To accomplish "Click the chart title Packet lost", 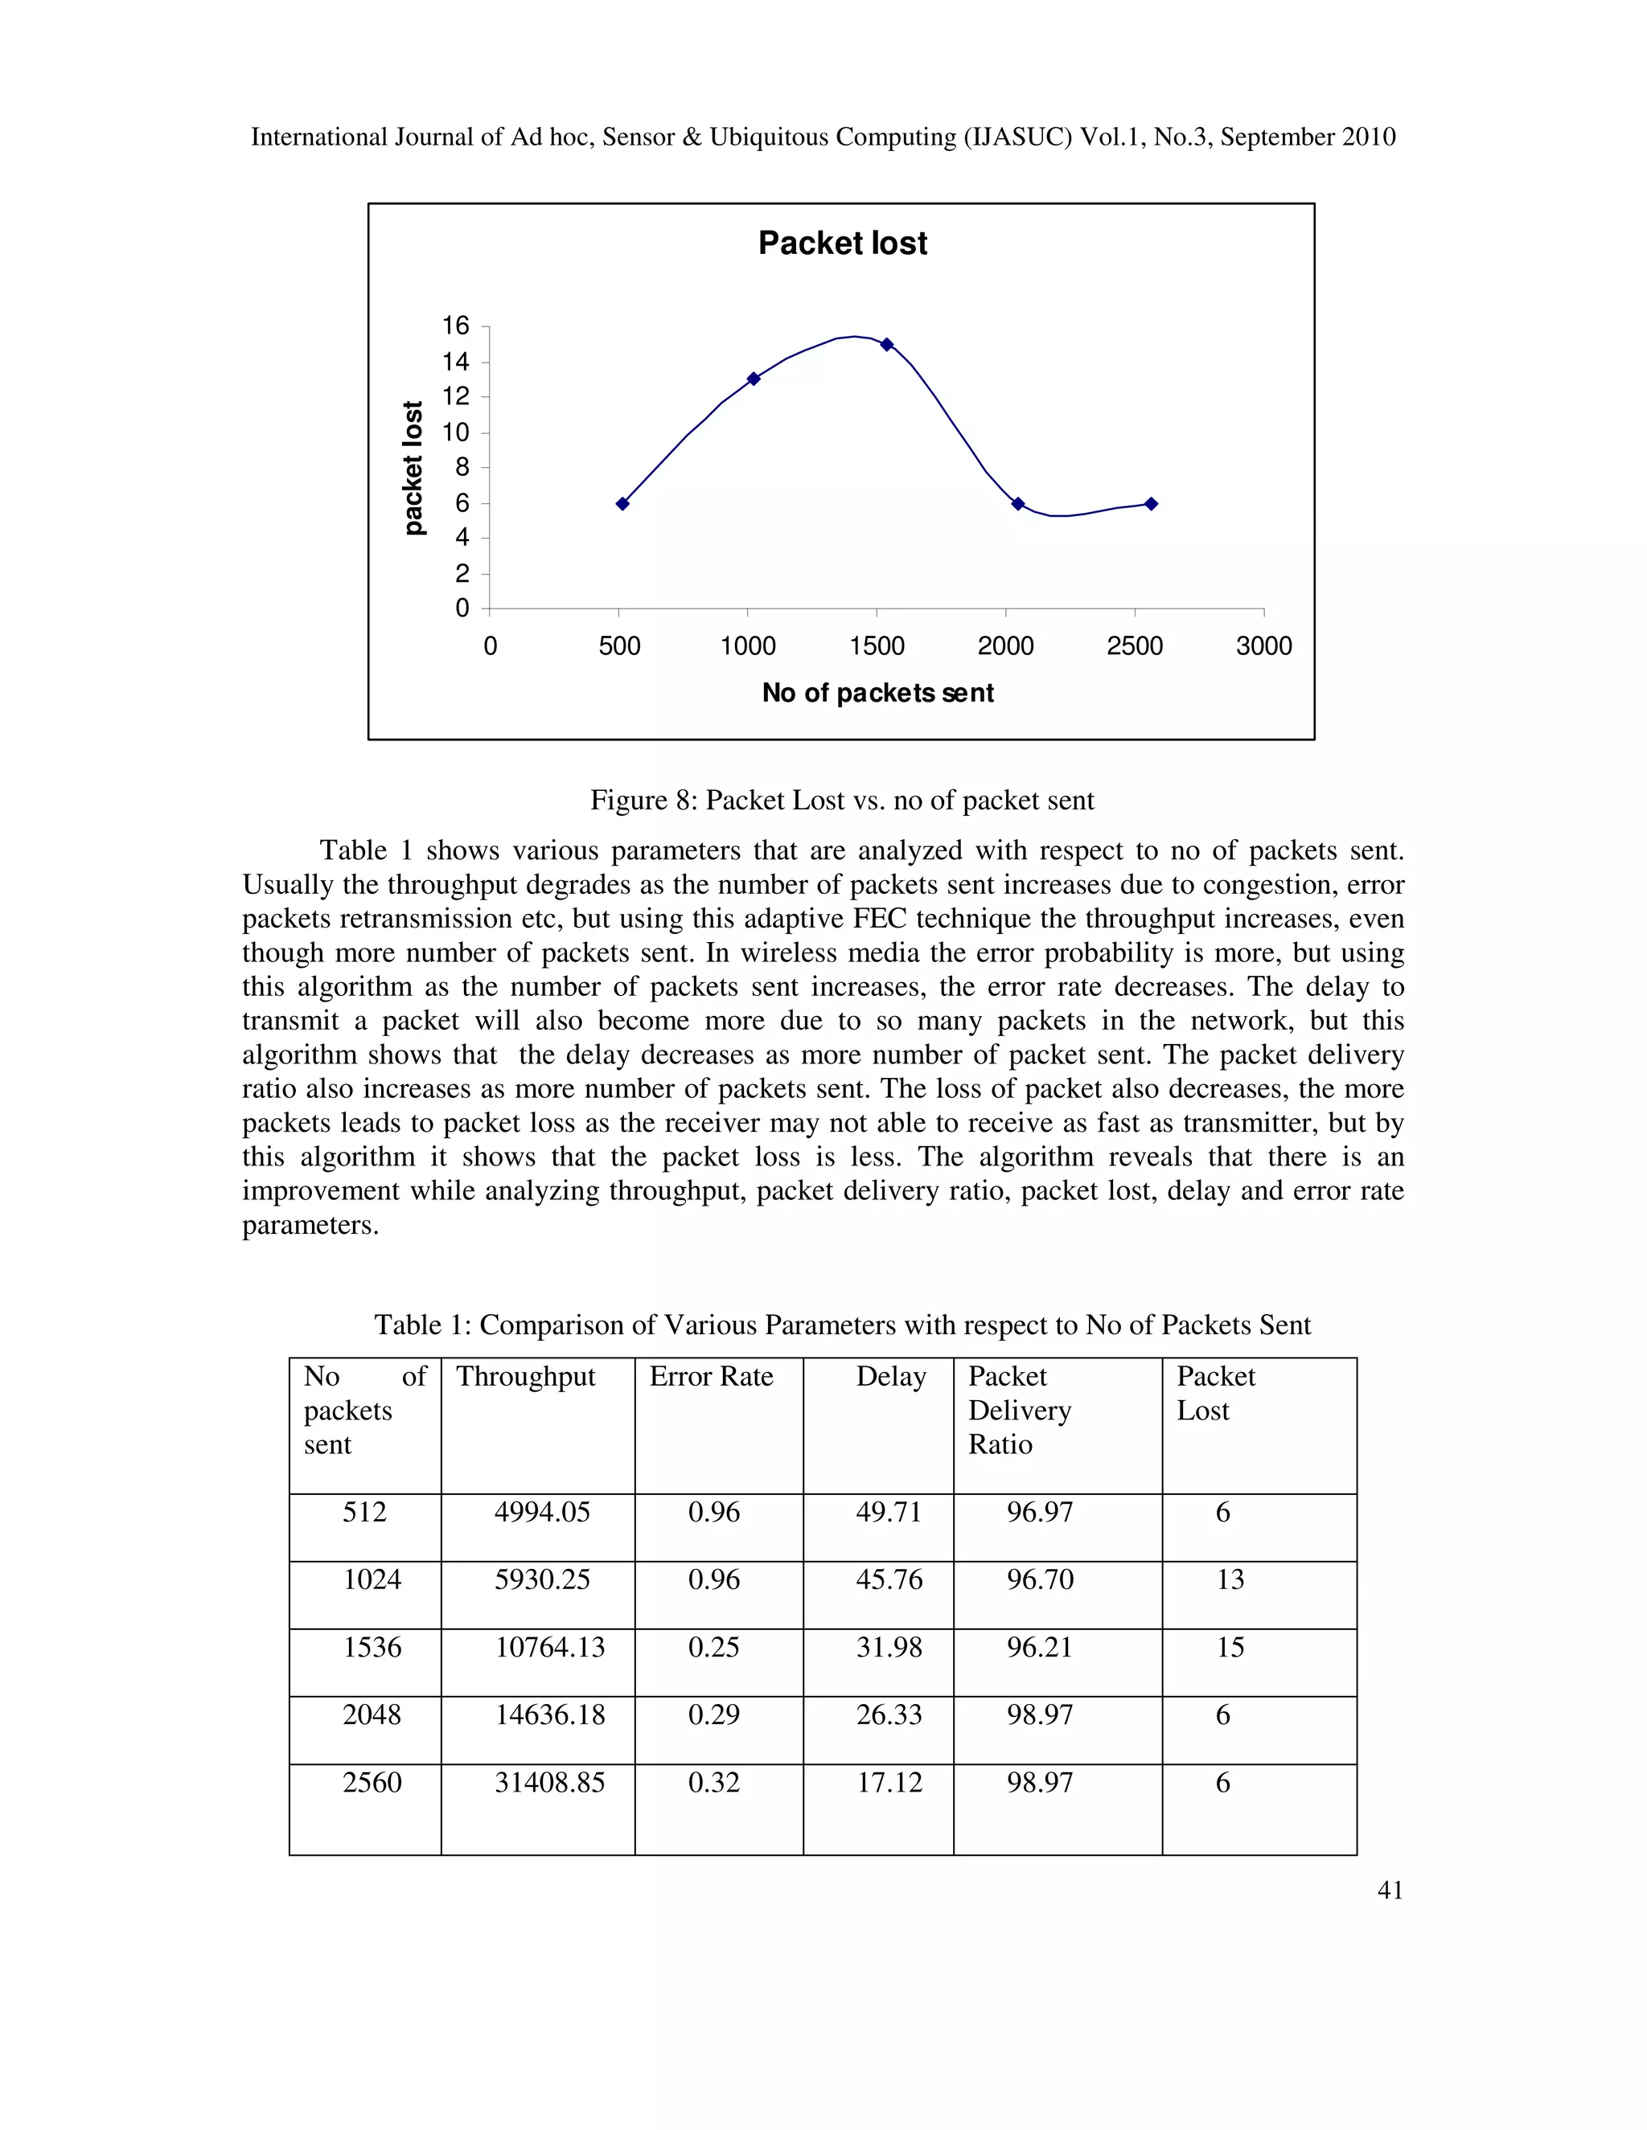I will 842,243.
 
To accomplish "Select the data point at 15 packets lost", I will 886,344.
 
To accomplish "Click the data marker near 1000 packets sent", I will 754,379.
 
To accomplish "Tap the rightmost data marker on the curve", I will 1152,503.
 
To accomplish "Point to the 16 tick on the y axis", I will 456,326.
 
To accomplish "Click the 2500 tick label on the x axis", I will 1134,645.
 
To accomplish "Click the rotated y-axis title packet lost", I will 413,468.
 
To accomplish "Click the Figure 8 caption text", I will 841,800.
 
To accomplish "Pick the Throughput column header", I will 525,1376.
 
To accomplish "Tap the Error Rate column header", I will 710,1376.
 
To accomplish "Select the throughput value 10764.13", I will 549,1647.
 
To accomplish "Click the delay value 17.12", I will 888,1783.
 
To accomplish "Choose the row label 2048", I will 371,1714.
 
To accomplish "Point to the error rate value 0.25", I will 713,1647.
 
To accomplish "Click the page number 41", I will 1390,1890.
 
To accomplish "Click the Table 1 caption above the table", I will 841,1325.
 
